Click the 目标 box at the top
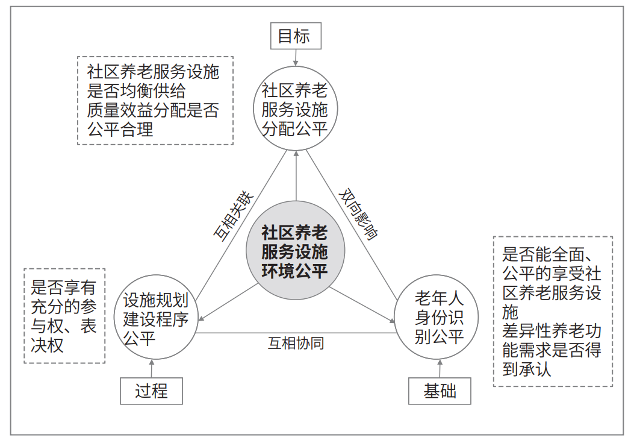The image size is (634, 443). click(x=296, y=36)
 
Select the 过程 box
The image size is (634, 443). click(x=151, y=391)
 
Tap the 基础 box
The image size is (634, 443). click(x=440, y=391)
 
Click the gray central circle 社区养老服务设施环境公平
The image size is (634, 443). click(x=296, y=250)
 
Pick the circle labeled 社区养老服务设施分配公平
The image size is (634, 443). click(x=296, y=108)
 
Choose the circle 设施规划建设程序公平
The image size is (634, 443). click(x=156, y=317)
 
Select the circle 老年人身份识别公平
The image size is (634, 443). click(x=437, y=317)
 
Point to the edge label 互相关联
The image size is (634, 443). click(x=233, y=216)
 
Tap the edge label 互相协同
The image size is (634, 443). click(x=296, y=343)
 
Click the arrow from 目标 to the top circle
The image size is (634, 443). click(x=296, y=57)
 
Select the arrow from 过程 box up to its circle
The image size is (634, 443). click(x=152, y=368)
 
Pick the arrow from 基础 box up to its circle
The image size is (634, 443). click(x=440, y=368)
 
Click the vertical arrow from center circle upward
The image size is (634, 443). click(x=296, y=176)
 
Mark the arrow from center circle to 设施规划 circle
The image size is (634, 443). click(x=228, y=302)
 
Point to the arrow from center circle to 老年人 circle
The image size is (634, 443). click(x=362, y=305)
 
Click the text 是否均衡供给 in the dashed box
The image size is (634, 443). click(x=136, y=91)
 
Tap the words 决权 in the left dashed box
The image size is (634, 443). click(x=48, y=345)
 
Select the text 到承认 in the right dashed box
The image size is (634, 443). click(x=527, y=369)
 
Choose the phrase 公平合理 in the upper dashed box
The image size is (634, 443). click(x=120, y=130)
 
